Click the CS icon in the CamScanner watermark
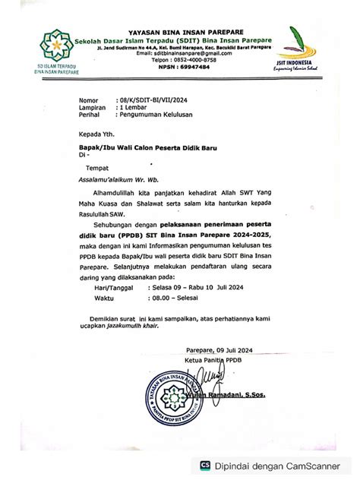pyautogui.click(x=206, y=466)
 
